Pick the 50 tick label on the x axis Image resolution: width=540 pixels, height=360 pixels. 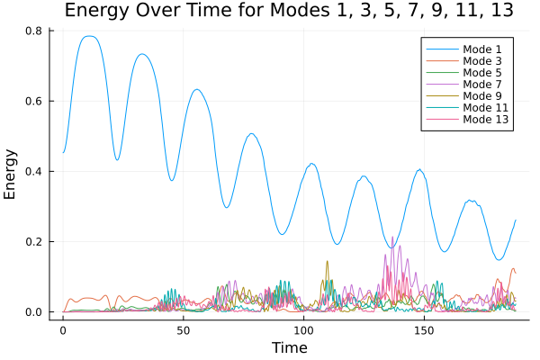point(183,331)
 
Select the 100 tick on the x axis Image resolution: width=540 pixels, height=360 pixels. point(303,331)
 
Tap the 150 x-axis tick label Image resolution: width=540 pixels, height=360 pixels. point(424,331)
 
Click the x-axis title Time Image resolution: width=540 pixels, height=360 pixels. point(290,347)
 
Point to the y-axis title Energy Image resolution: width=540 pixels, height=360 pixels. point(12,174)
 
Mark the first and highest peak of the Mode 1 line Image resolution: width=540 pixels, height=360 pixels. point(88,36)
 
